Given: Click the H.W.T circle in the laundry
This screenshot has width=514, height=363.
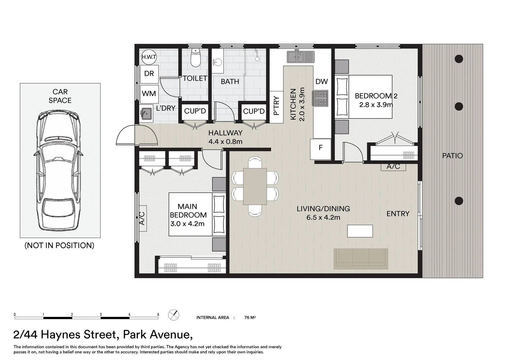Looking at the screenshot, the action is [149, 57].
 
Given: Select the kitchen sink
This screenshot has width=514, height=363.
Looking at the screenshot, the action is [301, 57].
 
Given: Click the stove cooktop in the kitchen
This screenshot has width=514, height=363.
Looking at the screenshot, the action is [320, 98].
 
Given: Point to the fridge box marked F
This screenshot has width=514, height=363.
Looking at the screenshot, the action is [321, 149].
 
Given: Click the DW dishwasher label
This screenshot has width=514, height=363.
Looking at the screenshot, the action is [322, 81].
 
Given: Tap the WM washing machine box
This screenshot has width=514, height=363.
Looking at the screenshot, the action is [149, 94].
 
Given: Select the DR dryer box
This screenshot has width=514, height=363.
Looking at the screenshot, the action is [149, 74].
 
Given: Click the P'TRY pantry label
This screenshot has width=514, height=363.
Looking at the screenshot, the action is [277, 106].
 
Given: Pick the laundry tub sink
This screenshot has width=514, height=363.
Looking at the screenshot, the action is [146, 114].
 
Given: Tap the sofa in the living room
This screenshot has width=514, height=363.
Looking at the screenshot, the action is [361, 259].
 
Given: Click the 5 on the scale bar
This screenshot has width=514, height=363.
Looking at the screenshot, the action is [158, 314].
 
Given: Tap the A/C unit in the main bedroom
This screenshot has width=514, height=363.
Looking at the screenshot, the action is [143, 218].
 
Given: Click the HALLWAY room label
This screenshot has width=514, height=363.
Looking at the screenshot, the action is [225, 133].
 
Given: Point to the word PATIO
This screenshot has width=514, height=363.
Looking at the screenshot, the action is [452, 156].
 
